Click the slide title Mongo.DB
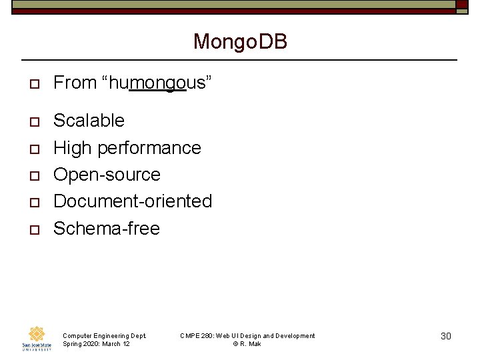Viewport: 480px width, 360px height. click(x=240, y=42)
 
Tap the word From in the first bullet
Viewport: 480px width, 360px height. click(x=75, y=83)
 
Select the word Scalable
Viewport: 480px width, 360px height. click(x=89, y=121)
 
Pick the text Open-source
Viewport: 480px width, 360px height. click(x=107, y=175)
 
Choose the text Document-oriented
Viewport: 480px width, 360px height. click(x=132, y=201)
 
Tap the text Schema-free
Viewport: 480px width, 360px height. click(x=106, y=229)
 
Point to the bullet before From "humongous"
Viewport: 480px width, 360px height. click(x=31, y=84)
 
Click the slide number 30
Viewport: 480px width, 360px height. click(x=446, y=336)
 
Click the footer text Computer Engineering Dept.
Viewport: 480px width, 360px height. click(x=103, y=335)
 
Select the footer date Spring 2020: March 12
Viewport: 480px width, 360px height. click(x=96, y=344)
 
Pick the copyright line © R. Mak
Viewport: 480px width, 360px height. click(x=247, y=344)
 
